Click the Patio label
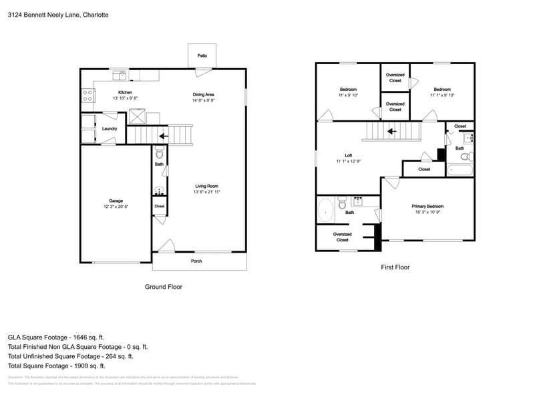202,55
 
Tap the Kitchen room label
125,92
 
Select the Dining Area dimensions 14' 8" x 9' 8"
203,101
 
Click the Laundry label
110,129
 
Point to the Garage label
116,201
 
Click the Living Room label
206,186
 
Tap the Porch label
196,261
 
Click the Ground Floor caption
164,286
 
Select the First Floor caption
395,267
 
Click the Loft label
348,155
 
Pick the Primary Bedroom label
427,207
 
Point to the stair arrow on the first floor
392,131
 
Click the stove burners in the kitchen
87,95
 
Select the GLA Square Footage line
56,338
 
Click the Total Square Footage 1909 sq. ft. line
56,366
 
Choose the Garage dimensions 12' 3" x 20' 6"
116,207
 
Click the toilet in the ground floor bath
159,153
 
